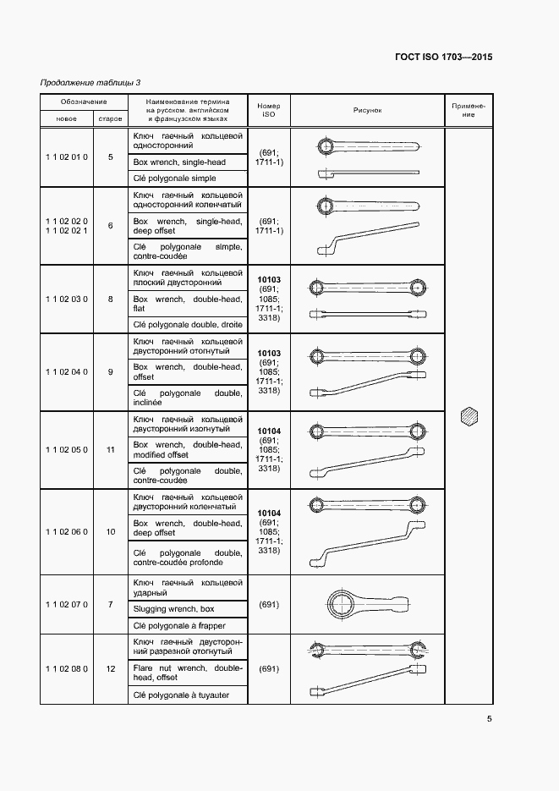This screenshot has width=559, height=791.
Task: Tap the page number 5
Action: click(x=489, y=720)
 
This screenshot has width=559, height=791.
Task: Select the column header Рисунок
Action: click(x=368, y=110)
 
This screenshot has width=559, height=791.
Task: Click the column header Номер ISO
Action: click(x=269, y=110)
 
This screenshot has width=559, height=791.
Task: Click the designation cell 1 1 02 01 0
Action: click(x=66, y=157)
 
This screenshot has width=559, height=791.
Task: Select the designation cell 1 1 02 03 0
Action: click(x=66, y=299)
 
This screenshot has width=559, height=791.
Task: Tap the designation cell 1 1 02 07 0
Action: click(x=66, y=605)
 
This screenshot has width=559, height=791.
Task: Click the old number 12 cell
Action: click(x=111, y=668)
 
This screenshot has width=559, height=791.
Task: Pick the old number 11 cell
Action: click(x=111, y=449)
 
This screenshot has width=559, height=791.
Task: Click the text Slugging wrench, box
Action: click(x=174, y=608)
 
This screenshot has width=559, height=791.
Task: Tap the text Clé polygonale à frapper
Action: click(x=180, y=625)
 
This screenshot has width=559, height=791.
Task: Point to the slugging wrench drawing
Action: click(x=367, y=605)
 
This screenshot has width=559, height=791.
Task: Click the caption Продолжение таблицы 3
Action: click(x=90, y=82)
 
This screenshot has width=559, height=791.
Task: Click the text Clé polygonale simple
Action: click(x=175, y=179)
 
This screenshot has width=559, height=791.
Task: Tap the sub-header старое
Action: click(x=110, y=118)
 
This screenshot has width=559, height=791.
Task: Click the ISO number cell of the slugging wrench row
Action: click(x=269, y=605)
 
